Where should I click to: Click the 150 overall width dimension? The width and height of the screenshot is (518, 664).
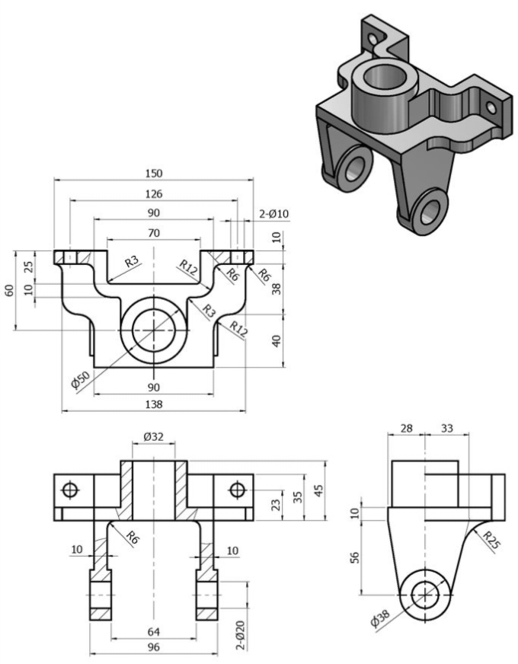pyautogui.click(x=154, y=174)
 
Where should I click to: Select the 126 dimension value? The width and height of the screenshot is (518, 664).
pyautogui.click(x=154, y=193)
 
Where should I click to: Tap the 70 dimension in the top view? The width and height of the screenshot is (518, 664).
pyautogui.click(x=154, y=232)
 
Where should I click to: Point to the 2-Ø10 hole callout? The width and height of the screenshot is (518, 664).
pyautogui.click(x=271, y=215)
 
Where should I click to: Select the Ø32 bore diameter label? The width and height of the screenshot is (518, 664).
pyautogui.click(x=154, y=437)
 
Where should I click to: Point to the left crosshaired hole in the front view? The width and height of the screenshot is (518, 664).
pyautogui.click(x=70, y=489)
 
